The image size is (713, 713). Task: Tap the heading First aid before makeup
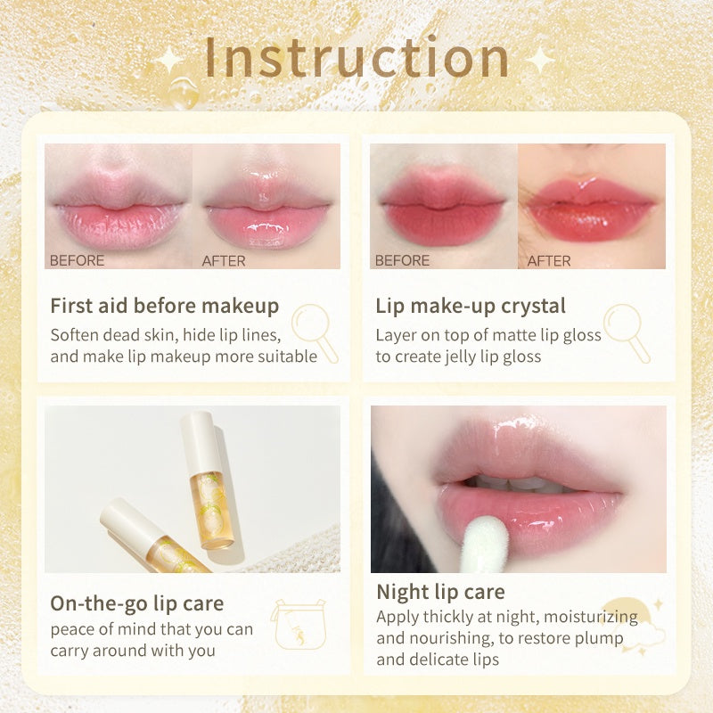click(164, 307)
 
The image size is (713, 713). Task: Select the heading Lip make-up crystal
click(471, 307)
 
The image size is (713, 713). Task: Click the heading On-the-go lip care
click(136, 603)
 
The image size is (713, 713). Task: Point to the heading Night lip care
click(440, 592)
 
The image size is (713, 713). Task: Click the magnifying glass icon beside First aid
click(315, 331)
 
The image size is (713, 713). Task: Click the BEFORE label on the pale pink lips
click(77, 261)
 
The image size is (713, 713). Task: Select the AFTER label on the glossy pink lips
click(224, 261)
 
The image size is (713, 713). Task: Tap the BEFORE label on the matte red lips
click(402, 261)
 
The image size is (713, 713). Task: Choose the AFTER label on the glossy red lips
click(549, 261)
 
